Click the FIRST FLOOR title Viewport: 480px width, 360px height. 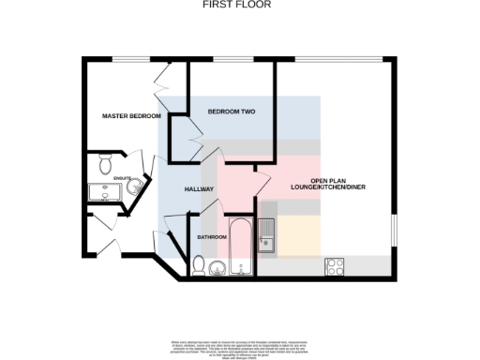(x=239, y=5)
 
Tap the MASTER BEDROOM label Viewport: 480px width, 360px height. (x=131, y=116)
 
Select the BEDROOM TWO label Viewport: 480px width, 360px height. (x=232, y=112)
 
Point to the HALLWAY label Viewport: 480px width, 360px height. (x=200, y=189)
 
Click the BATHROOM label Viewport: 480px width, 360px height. (x=211, y=237)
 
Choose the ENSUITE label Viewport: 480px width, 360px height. (x=122, y=177)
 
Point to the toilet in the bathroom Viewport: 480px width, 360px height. (x=198, y=266)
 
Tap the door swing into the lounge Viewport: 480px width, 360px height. (x=262, y=178)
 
